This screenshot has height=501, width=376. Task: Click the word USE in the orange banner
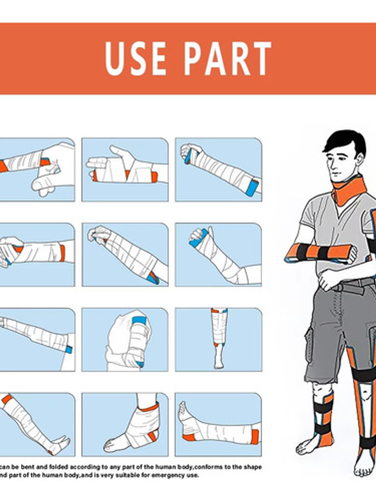point(136,59)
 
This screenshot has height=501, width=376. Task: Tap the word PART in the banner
point(228,59)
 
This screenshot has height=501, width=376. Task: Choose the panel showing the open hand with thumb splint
point(125,170)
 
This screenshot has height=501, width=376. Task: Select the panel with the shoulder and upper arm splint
point(125,339)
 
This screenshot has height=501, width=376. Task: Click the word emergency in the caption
point(165,475)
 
